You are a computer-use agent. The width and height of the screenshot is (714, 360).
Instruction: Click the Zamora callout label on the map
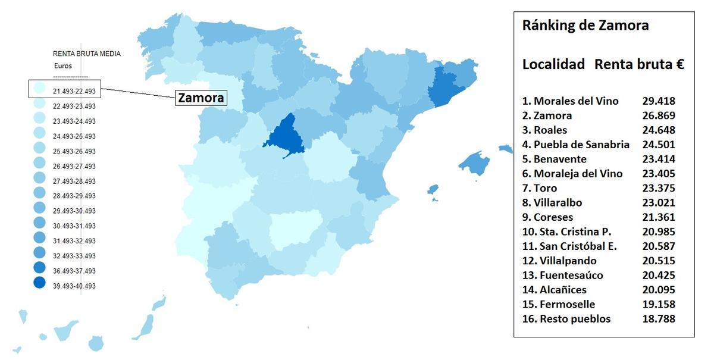tap(202, 98)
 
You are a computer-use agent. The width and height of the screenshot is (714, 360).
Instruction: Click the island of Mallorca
tap(474, 162)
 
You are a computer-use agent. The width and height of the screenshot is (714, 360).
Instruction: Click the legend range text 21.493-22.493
tap(74, 91)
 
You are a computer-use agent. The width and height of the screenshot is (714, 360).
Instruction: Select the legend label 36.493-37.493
tap(74, 271)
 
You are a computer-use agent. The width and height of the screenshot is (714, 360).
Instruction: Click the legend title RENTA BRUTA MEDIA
tap(87, 54)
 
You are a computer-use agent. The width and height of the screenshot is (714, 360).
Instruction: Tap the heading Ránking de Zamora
tap(585, 26)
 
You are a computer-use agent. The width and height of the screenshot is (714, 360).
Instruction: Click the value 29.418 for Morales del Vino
tap(659, 101)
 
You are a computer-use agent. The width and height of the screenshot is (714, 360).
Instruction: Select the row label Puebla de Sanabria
tap(575, 145)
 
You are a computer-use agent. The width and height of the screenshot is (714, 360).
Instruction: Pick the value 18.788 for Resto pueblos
tap(659, 319)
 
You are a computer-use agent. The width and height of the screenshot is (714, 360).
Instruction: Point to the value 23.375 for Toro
tap(659, 188)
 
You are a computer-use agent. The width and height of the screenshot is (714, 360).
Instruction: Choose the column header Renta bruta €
tap(639, 65)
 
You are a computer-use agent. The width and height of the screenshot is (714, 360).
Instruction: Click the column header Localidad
tap(553, 65)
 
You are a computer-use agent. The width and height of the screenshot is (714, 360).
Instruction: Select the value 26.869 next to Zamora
tap(659, 115)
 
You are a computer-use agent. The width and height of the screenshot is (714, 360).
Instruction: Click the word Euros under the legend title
tap(63, 66)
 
